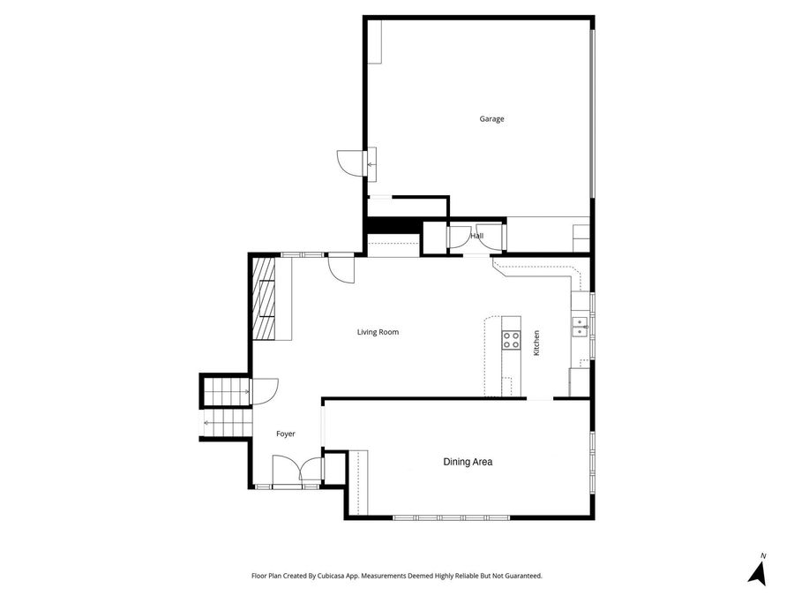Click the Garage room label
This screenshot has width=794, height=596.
[x=491, y=119]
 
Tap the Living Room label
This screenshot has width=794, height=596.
[x=378, y=333]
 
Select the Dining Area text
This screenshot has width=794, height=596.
[x=467, y=462]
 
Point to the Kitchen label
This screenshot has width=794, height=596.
[x=536, y=343]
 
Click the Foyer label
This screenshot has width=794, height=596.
[x=285, y=434]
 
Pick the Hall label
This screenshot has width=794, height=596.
[x=476, y=236]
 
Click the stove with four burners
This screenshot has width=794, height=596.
[x=511, y=340]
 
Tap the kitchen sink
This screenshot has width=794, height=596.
[x=580, y=326]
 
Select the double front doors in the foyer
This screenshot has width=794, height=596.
[x=297, y=471]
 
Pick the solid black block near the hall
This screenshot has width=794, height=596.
[x=392, y=226]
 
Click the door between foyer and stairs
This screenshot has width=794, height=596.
[x=264, y=391]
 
